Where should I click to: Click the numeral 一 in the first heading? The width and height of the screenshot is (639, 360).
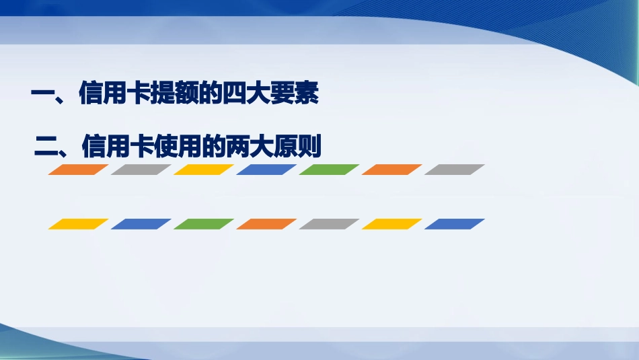pyautogui.click(x=45, y=95)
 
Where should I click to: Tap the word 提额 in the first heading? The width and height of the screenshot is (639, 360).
pyautogui.click(x=175, y=95)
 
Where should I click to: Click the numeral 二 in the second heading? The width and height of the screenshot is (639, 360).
pyautogui.click(x=47, y=146)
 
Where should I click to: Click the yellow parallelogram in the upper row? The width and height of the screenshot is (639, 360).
pyautogui.click(x=204, y=170)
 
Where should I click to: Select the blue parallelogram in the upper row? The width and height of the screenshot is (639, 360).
pyautogui.click(x=266, y=170)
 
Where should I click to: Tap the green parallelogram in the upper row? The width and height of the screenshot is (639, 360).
pyautogui.click(x=329, y=170)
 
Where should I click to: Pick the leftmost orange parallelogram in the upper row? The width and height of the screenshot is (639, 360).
pyautogui.click(x=78, y=170)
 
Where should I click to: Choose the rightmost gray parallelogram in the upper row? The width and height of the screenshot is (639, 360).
pyautogui.click(x=455, y=170)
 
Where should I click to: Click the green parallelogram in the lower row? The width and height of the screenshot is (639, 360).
pyautogui.click(x=204, y=224)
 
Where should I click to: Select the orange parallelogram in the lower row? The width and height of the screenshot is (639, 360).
pyautogui.click(x=266, y=224)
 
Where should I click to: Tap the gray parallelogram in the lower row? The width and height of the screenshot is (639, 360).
pyautogui.click(x=329, y=224)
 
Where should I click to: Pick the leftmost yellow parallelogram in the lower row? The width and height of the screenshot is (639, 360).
pyautogui.click(x=78, y=224)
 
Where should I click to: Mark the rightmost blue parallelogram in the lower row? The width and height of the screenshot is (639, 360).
pyautogui.click(x=455, y=224)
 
